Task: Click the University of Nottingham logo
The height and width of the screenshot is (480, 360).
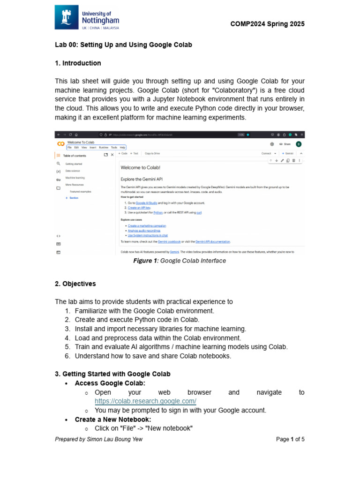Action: (x=87, y=18)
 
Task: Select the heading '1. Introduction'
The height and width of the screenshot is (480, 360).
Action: (x=78, y=63)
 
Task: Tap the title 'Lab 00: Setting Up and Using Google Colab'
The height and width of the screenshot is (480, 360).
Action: (x=123, y=45)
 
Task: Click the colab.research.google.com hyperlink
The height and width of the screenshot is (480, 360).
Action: (x=145, y=401)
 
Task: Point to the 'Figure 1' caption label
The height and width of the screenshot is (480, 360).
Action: (x=145, y=261)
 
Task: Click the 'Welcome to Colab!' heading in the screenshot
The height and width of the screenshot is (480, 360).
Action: (x=140, y=167)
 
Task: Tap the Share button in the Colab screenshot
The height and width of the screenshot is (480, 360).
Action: (x=285, y=144)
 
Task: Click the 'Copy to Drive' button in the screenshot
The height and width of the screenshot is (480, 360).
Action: (x=152, y=153)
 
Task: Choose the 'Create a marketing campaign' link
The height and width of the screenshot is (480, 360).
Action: (x=147, y=225)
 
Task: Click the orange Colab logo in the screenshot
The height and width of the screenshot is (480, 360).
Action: (x=60, y=144)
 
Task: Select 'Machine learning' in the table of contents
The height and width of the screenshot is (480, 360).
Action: (x=75, y=178)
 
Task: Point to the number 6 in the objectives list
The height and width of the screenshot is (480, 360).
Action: (x=67, y=356)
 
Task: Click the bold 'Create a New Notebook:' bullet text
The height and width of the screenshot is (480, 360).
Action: (x=113, y=420)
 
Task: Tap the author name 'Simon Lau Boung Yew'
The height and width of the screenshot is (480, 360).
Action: (x=114, y=439)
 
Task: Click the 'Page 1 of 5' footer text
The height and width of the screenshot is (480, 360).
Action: (x=290, y=439)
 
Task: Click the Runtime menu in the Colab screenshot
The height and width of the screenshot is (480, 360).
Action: (x=104, y=147)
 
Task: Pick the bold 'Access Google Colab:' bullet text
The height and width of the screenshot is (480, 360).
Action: (x=110, y=383)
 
